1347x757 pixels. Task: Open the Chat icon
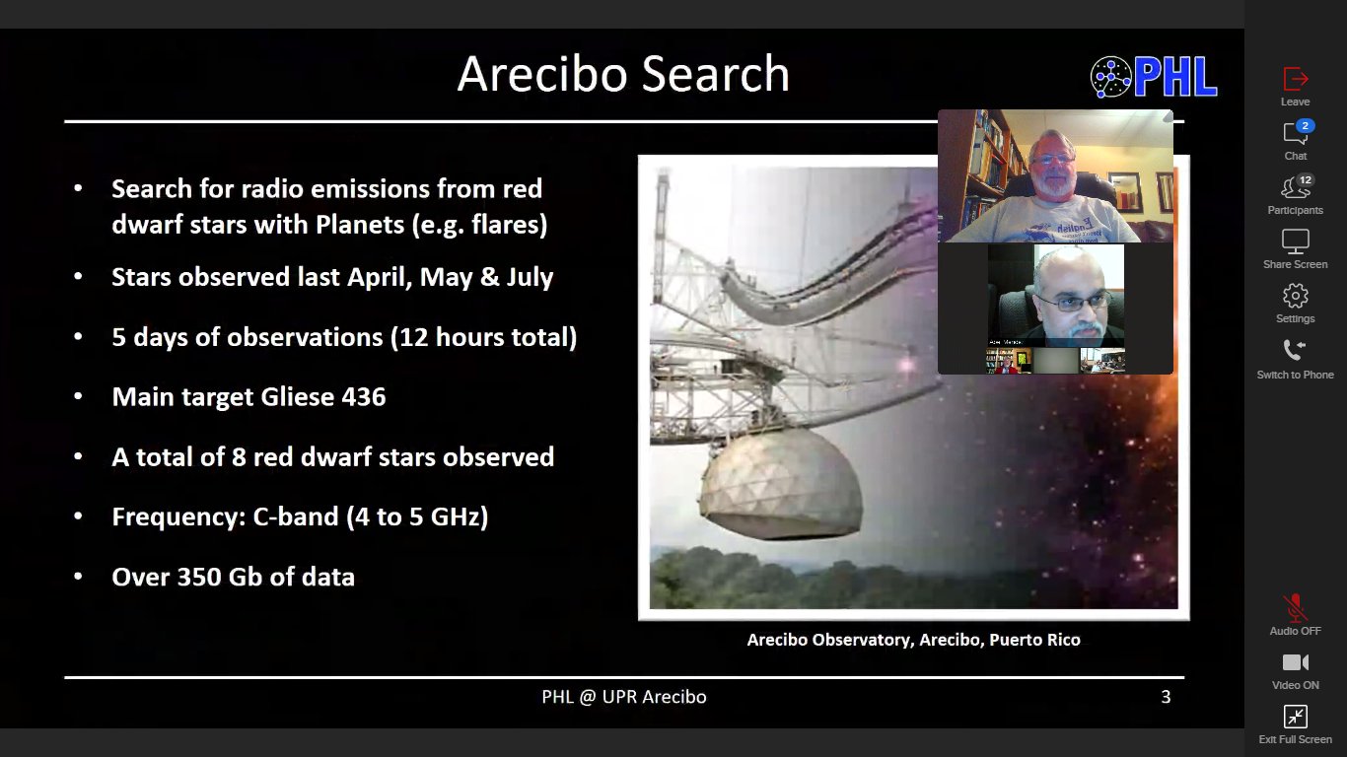coord(1295,133)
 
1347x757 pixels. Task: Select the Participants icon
coord(1295,188)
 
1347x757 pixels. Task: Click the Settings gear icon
coord(1296,296)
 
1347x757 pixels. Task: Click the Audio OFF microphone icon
coord(1295,607)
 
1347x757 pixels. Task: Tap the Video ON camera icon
coord(1296,662)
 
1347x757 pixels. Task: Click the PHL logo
coord(1154,76)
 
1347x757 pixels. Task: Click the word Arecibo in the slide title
coord(541,74)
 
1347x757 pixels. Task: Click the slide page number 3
coord(1166,697)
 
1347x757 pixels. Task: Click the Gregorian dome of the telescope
coord(781,484)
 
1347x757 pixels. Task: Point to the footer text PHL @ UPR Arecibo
coord(623,697)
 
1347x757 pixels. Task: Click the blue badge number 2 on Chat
coord(1305,125)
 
